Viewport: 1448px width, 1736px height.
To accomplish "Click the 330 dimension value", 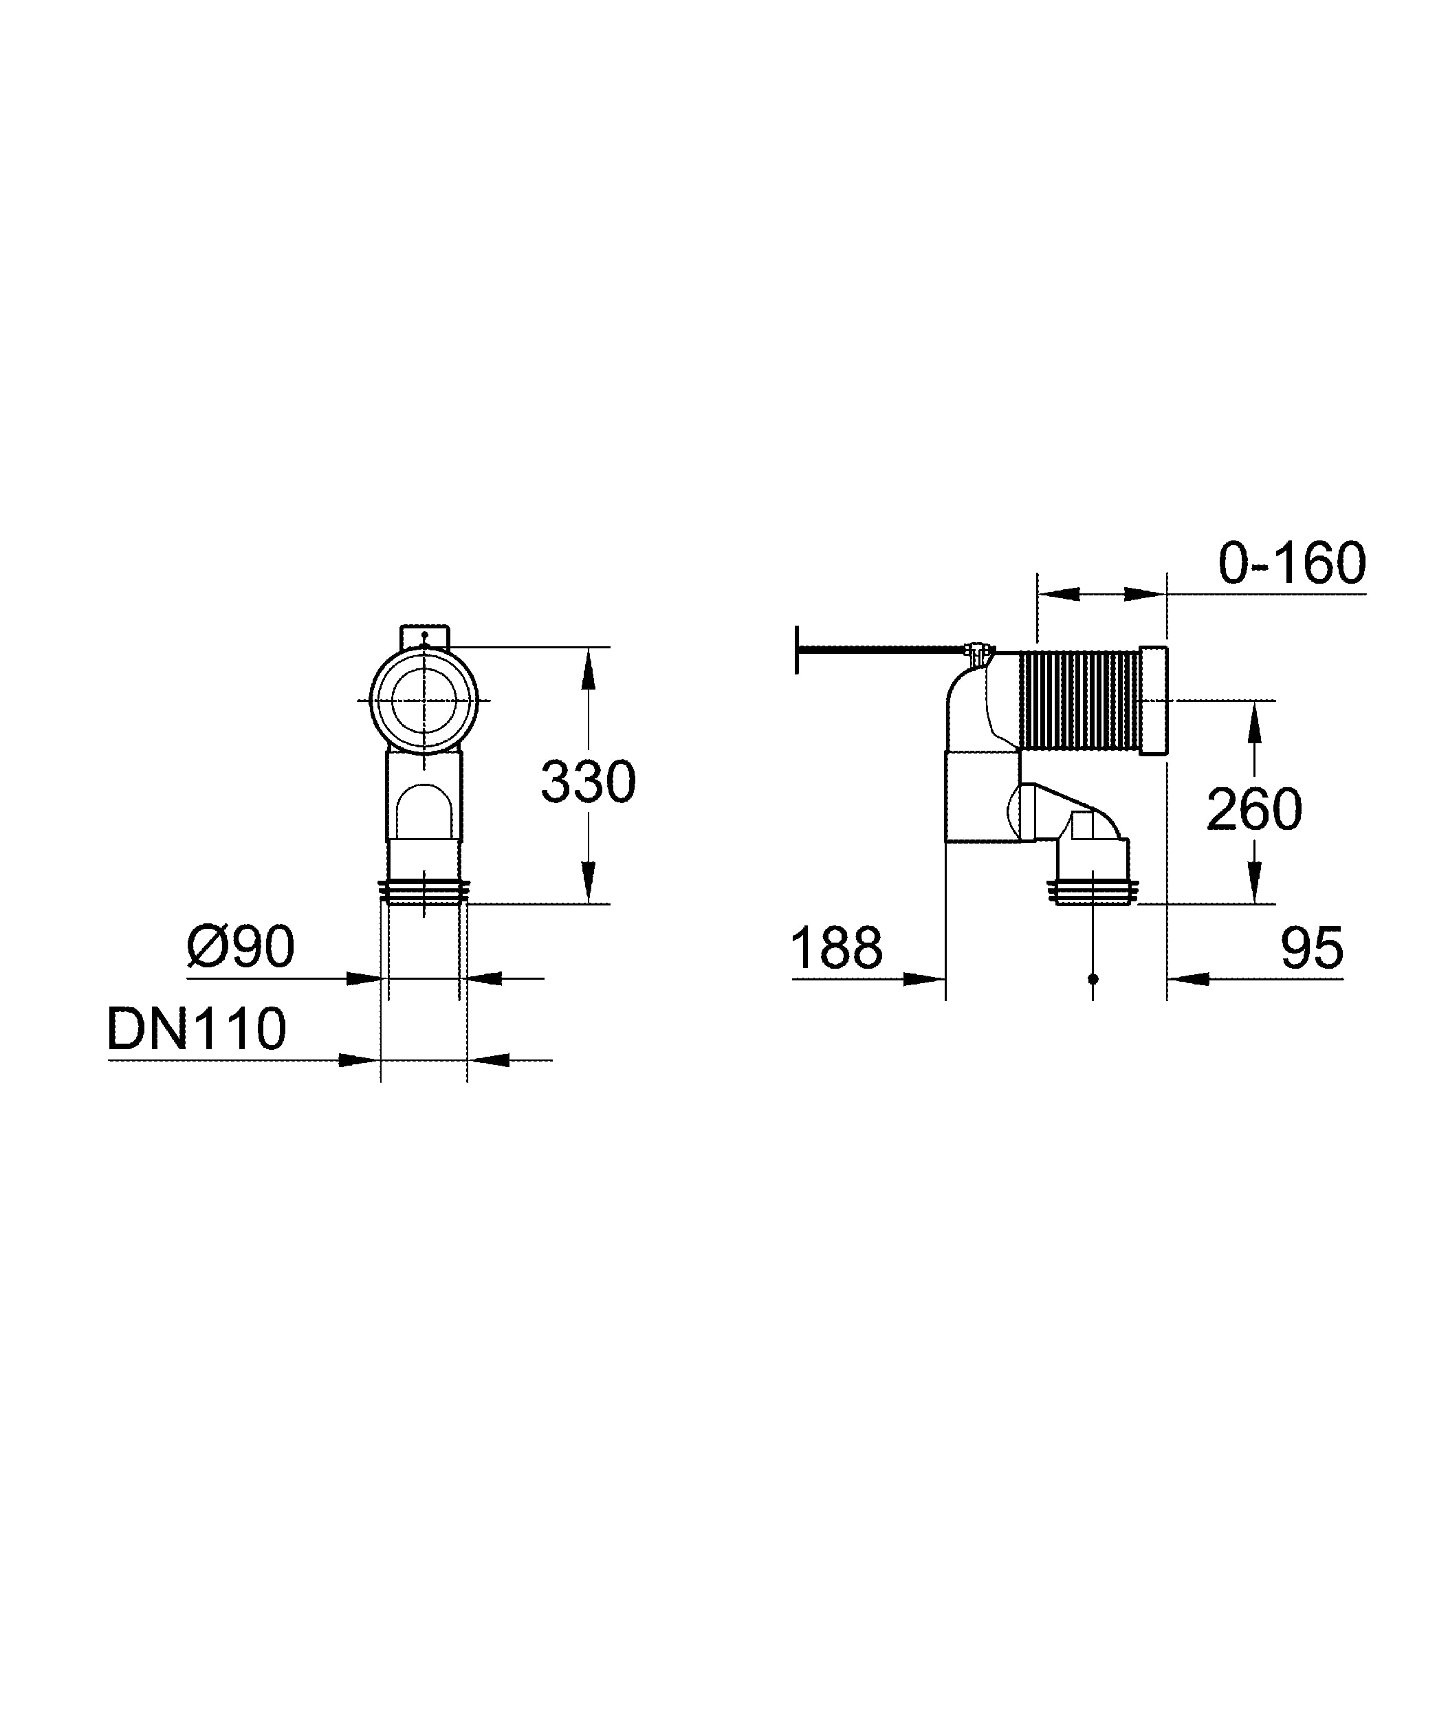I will tap(588, 782).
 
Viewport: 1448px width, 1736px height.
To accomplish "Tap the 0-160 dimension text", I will tap(1291, 564).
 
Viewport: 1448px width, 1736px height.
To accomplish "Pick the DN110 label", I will tap(197, 1029).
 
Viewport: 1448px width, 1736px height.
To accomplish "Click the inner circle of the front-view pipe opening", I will tap(424, 700).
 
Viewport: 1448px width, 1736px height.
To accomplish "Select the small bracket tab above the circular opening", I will tap(425, 637).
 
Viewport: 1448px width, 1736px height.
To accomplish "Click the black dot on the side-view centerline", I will tap(1093, 979).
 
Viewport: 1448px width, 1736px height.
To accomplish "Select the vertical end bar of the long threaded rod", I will tap(797, 650).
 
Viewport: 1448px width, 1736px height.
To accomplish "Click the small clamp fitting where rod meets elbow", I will tap(978, 653).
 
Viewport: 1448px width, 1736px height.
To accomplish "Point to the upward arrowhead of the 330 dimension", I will tap(588, 670).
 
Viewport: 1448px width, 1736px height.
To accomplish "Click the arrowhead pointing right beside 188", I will tap(925, 979).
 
